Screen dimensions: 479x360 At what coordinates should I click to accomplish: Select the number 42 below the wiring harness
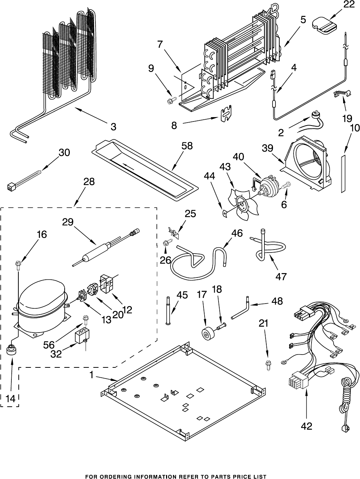[307, 426]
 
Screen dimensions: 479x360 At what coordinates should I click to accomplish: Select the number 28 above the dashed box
[89, 181]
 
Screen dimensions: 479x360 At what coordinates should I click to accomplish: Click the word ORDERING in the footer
[121, 476]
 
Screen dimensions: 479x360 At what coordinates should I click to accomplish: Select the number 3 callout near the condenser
[113, 127]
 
